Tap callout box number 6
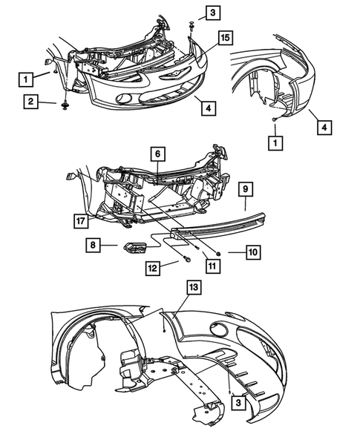click(157, 154)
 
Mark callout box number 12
click(153, 268)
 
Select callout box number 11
click(212, 264)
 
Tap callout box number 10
click(253, 253)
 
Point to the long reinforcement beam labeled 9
click(223, 221)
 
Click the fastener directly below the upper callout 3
click(192, 27)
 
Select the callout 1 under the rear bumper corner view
click(276, 141)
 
